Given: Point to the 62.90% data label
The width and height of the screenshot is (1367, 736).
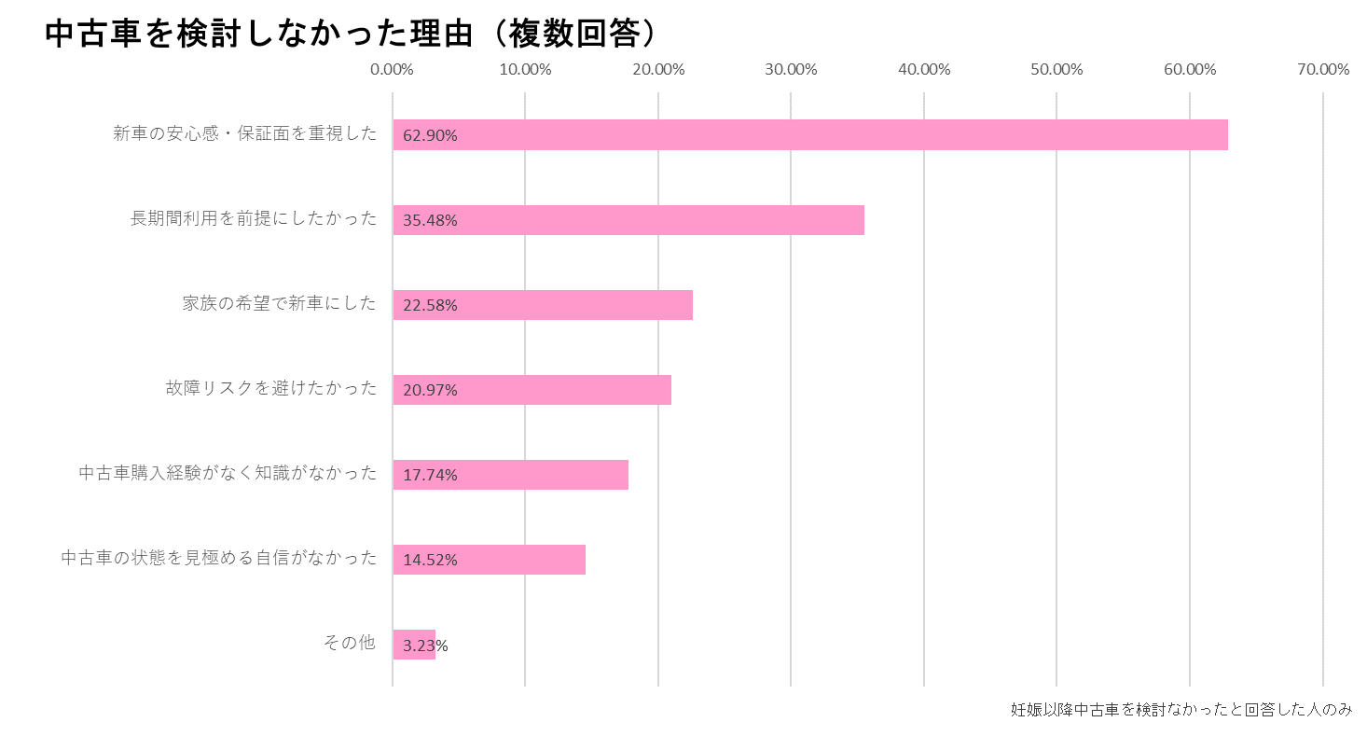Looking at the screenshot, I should (430, 135).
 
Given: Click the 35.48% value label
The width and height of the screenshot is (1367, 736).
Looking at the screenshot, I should (430, 221).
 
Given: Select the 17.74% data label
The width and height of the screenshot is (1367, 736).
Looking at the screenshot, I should (430, 475).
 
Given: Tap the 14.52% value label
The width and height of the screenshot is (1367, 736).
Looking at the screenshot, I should (430, 561).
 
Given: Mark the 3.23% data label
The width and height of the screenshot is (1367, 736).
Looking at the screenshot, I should (425, 646).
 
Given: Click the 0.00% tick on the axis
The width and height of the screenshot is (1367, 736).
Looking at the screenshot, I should (392, 70).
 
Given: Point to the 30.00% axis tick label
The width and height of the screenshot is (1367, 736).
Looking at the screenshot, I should (791, 70).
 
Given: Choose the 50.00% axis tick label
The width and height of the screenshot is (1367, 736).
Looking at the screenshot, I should (1056, 70).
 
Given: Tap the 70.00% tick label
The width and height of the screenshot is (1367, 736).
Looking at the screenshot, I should (1322, 70).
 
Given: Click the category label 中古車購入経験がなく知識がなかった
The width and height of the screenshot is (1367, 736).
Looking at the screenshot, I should (228, 473).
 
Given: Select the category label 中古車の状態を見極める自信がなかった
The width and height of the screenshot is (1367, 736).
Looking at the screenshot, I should (219, 558).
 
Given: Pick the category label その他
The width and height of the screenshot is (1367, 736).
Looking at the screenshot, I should (349, 643).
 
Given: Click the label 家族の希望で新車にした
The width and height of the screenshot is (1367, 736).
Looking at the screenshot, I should (280, 303).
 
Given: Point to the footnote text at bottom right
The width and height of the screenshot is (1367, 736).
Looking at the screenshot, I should (1181, 710).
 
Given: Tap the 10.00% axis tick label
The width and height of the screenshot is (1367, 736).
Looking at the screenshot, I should (525, 70).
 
